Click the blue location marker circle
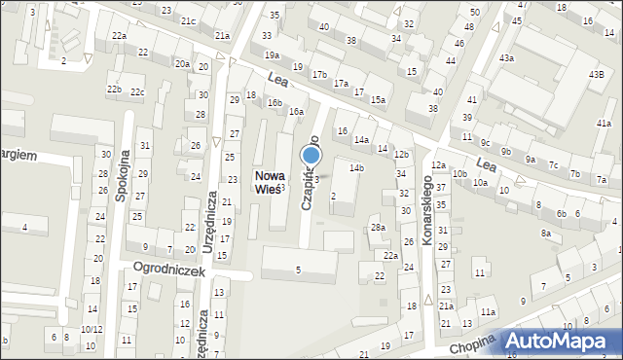(311, 154)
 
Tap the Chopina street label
(472, 342)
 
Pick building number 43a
(506, 58)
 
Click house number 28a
(378, 228)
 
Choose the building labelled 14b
(356, 168)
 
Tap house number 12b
(400, 154)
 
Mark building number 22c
(137, 92)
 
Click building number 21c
(187, 21)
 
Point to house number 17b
(319, 74)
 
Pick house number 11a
(487, 311)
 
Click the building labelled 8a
(546, 234)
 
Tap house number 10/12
(91, 329)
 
